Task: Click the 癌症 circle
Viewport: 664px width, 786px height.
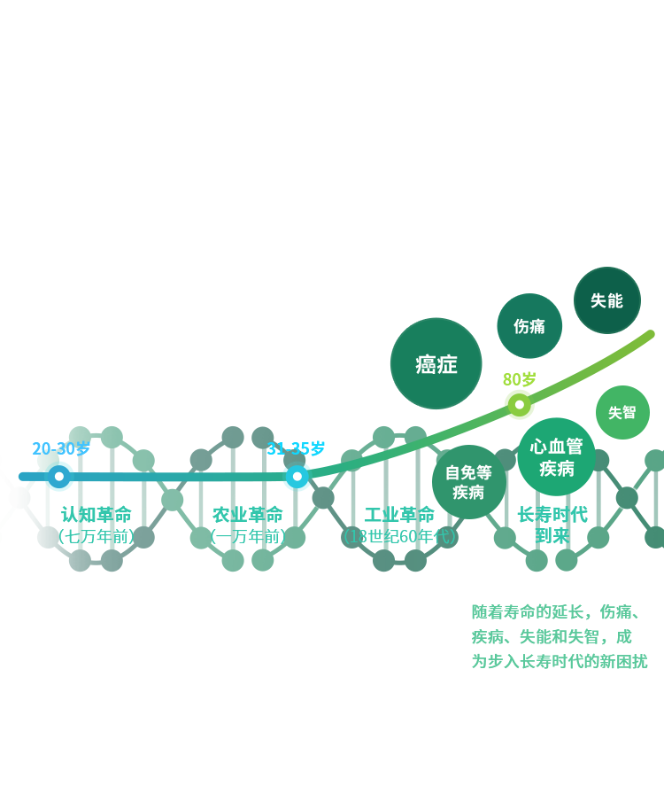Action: pos(436,363)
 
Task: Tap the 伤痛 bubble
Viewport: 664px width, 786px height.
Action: pos(529,326)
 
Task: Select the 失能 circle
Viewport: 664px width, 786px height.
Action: pos(606,300)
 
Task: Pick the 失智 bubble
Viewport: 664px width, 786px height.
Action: pos(622,412)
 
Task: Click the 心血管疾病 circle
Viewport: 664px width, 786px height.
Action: pos(557,457)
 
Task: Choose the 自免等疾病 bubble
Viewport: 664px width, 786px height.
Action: pos(468,482)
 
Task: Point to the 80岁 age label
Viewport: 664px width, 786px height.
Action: pos(519,379)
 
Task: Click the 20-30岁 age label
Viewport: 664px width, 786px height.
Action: pos(61,448)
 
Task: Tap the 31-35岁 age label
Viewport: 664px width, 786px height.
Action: pos(296,448)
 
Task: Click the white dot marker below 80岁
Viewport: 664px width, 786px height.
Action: pos(520,405)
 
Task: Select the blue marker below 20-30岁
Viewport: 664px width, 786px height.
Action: pos(59,477)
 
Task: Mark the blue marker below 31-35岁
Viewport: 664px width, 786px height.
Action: pos(297,477)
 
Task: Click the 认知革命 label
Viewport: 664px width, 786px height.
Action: pos(97,515)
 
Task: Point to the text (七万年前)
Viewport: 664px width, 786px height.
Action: pos(97,536)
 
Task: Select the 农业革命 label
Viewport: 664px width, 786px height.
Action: pos(248,515)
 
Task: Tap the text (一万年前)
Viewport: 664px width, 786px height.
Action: pos(248,536)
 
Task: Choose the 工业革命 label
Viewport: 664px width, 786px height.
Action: pos(399,515)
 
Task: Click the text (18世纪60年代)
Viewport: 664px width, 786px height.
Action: pos(399,536)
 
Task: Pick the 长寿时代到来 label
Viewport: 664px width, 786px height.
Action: pos(552,525)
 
